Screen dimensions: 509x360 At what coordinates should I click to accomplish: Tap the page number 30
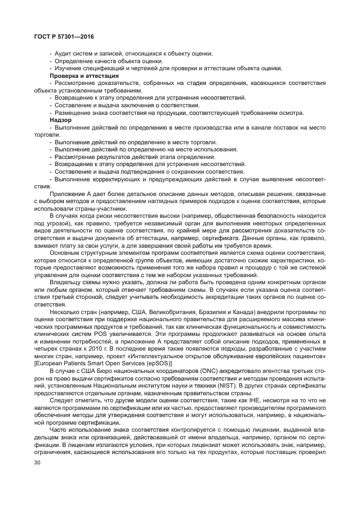tap(38, 463)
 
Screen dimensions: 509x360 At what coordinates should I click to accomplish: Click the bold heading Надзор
tap(60, 120)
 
